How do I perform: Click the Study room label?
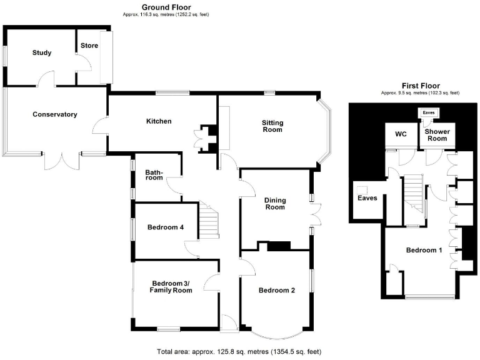42,52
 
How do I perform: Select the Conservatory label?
55,114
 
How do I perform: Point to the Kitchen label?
159,121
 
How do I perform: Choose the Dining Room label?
275,204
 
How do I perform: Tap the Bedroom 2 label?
276,290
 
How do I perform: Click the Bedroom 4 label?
166,227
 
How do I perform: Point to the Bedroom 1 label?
424,251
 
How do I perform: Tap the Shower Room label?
436,135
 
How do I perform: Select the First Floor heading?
420,86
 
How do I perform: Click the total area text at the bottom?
239,352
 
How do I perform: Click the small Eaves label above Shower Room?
428,112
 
